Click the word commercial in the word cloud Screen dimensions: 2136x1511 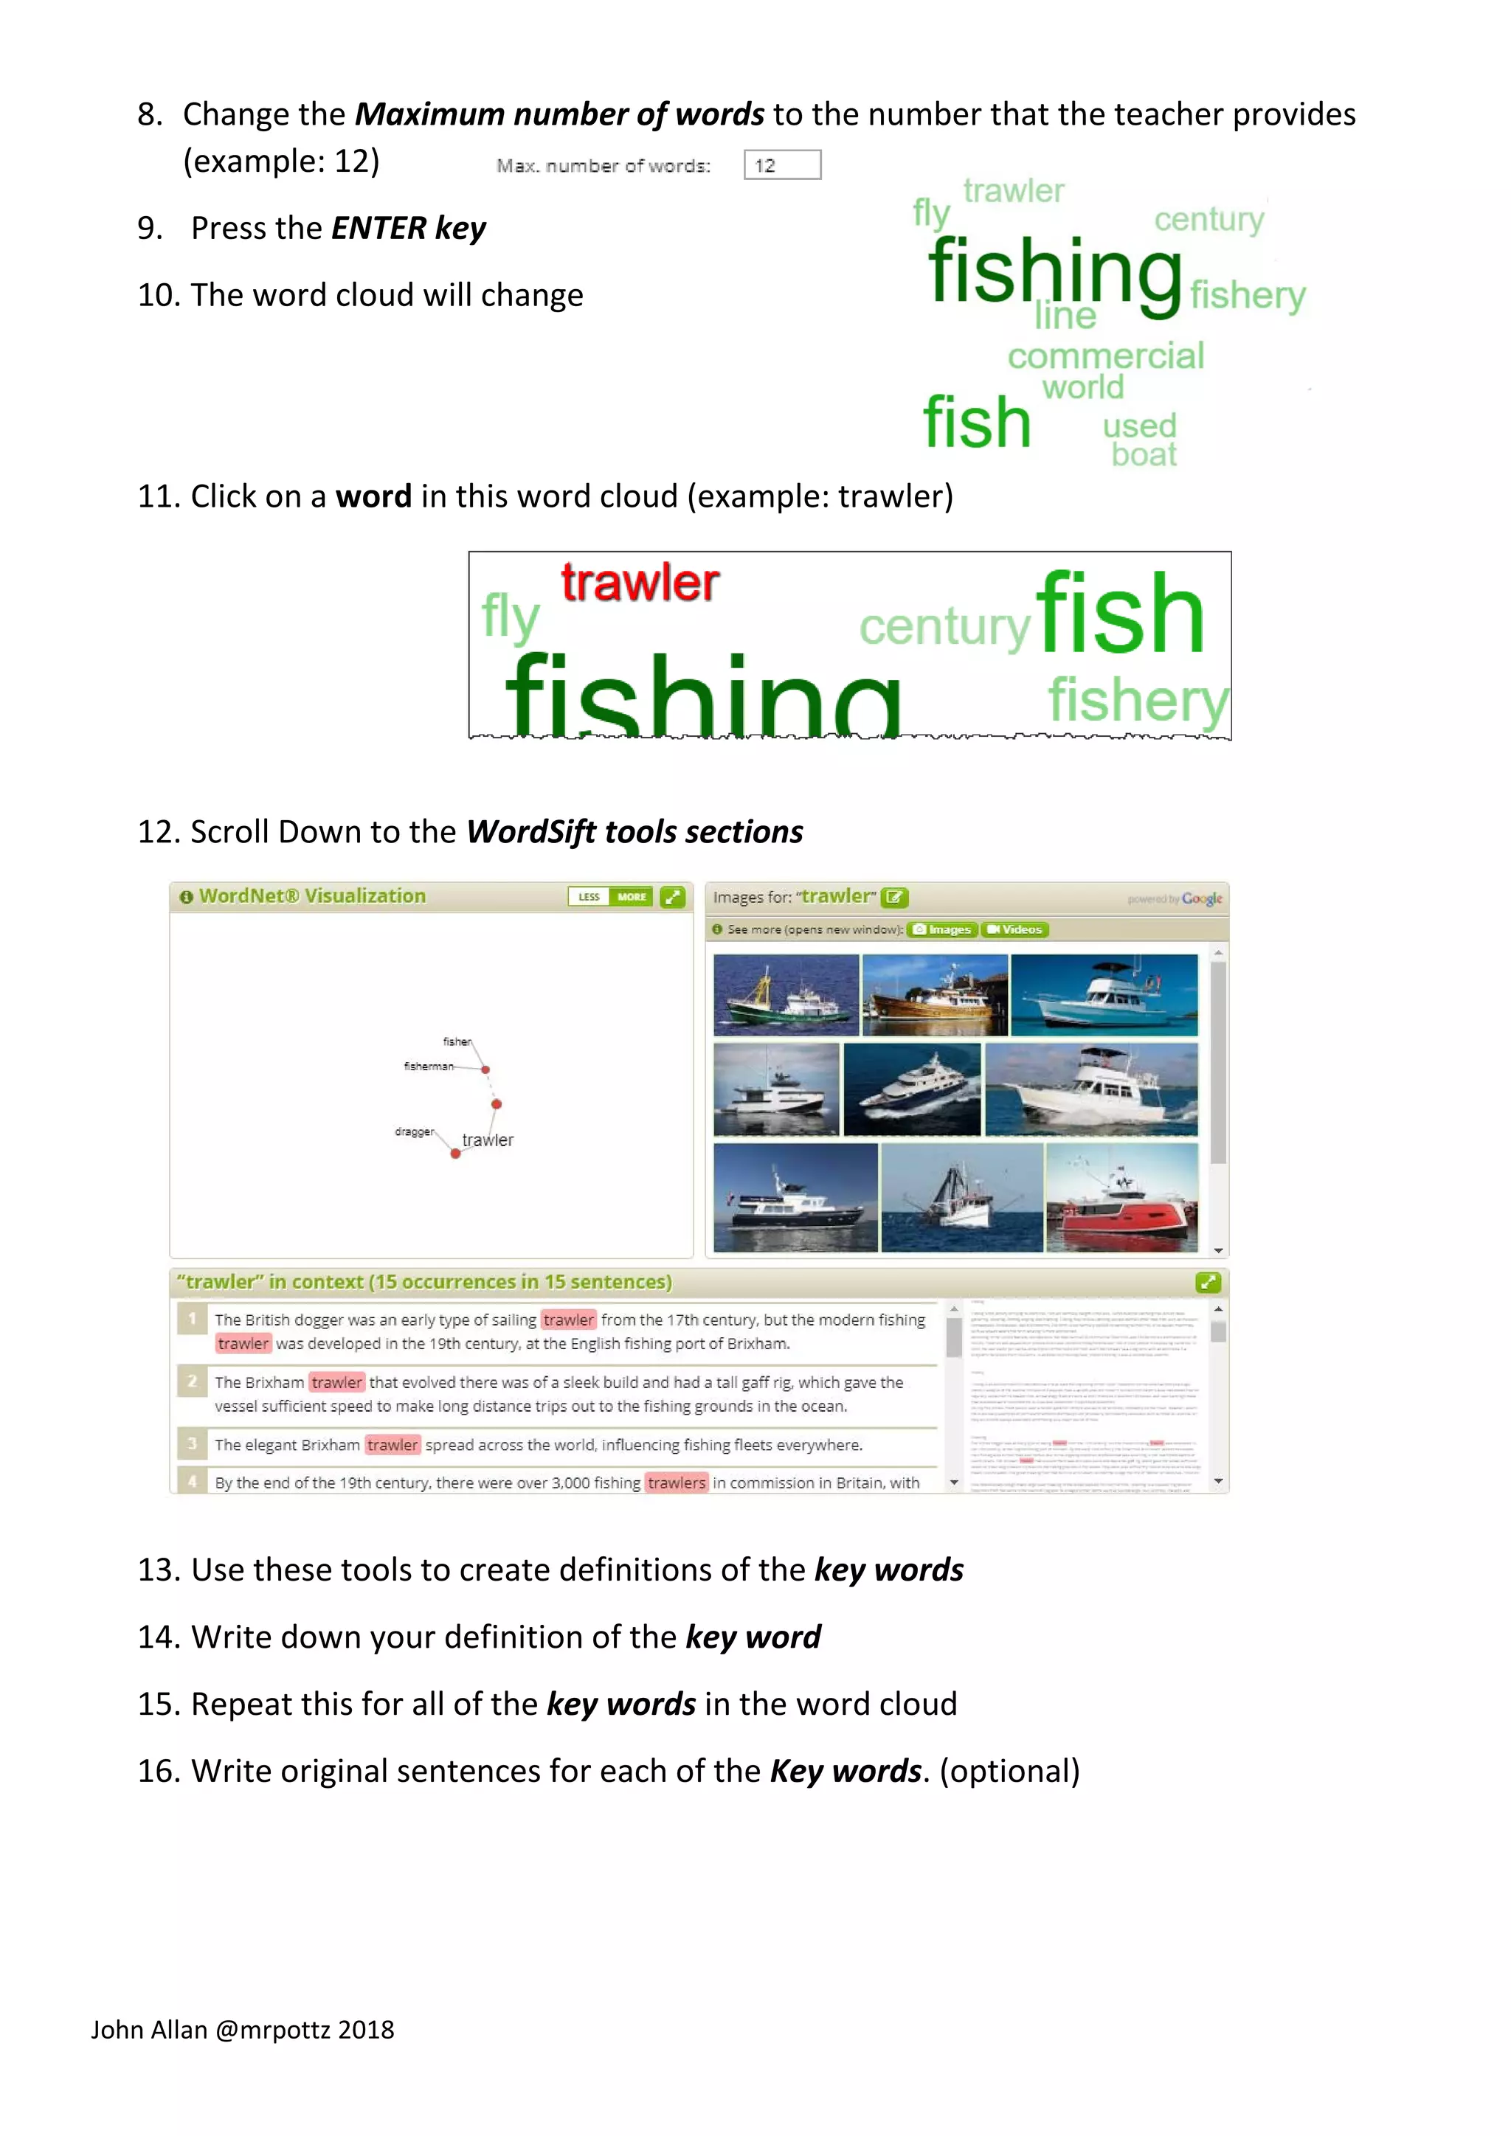pyautogui.click(x=1104, y=356)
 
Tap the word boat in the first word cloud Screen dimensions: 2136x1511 pyautogui.click(x=1144, y=455)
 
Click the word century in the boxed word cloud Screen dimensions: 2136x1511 pyautogui.click(x=944, y=627)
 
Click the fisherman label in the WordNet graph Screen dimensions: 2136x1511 pyautogui.click(x=428, y=1066)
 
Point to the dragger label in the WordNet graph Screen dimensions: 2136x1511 pyautogui.click(x=414, y=1131)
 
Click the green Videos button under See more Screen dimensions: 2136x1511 pyautogui.click(x=1014, y=929)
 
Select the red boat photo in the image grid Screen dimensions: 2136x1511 pyautogui.click(x=1121, y=1199)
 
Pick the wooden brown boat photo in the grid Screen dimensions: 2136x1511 pyautogui.click(x=934, y=994)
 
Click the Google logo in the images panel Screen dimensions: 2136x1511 pyautogui.click(x=1201, y=898)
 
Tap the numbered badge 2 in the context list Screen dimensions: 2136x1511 pyautogui.click(x=192, y=1381)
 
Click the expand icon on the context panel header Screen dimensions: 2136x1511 pyautogui.click(x=1207, y=1283)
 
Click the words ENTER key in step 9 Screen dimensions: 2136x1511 pyautogui.click(x=409, y=228)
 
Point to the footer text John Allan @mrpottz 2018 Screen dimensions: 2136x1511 pyautogui.click(x=242, y=2029)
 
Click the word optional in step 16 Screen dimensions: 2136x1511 pyautogui.click(x=1009, y=1770)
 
